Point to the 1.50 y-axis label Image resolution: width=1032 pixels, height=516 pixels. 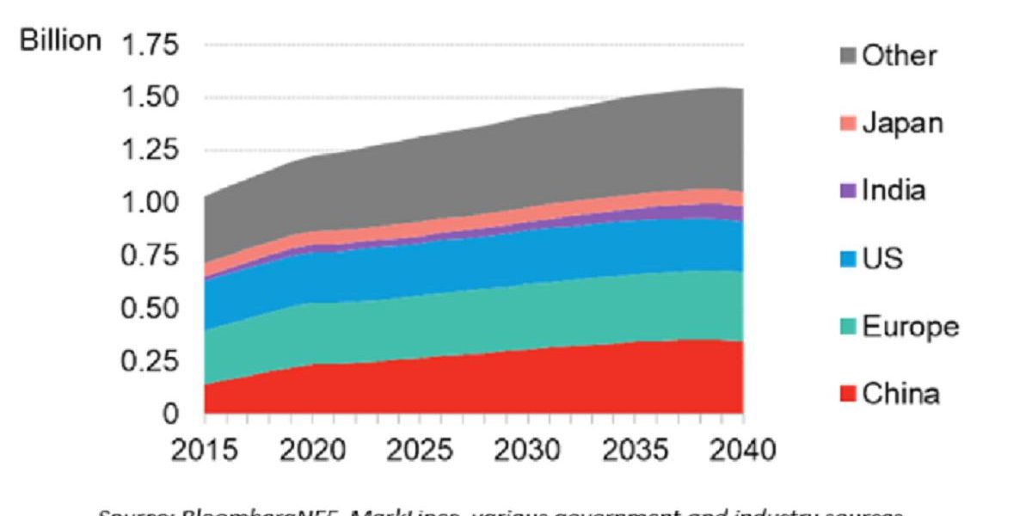click(x=151, y=97)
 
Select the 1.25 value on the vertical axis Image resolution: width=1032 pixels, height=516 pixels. click(x=151, y=150)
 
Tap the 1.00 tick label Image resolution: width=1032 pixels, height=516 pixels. click(x=151, y=203)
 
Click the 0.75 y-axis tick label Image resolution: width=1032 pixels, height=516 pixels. click(x=151, y=255)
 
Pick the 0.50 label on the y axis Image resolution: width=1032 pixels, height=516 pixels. click(x=151, y=308)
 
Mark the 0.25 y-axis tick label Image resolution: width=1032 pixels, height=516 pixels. click(x=151, y=361)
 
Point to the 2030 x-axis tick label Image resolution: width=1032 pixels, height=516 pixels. click(x=528, y=450)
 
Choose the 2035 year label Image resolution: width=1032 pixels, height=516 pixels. click(x=636, y=450)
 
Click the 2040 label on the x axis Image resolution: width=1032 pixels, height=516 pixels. click(x=742, y=450)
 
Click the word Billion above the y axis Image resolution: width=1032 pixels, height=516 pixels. click(x=61, y=41)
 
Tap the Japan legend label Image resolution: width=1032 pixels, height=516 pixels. click(x=902, y=123)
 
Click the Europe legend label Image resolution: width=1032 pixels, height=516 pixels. click(x=910, y=328)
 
